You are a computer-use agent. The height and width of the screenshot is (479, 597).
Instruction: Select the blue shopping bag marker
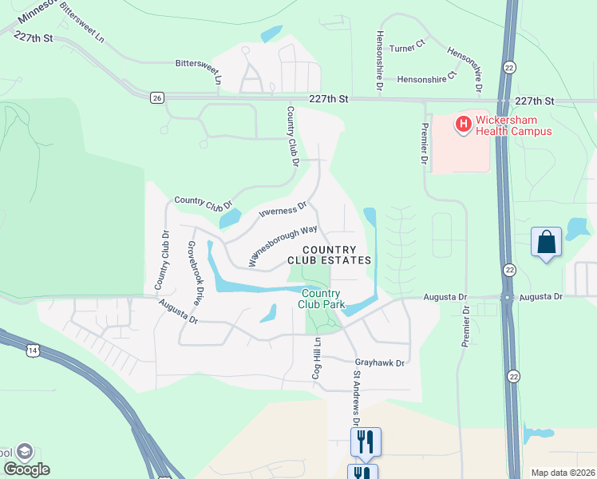pyautogui.click(x=547, y=243)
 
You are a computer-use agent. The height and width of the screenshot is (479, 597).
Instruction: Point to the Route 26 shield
pyautogui.click(x=156, y=97)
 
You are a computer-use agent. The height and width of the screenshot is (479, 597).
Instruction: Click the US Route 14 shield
pyautogui.click(x=32, y=350)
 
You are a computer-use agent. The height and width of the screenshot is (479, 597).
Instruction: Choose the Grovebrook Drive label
pyautogui.click(x=192, y=274)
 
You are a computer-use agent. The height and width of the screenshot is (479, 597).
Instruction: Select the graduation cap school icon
pyautogui.click(x=24, y=451)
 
